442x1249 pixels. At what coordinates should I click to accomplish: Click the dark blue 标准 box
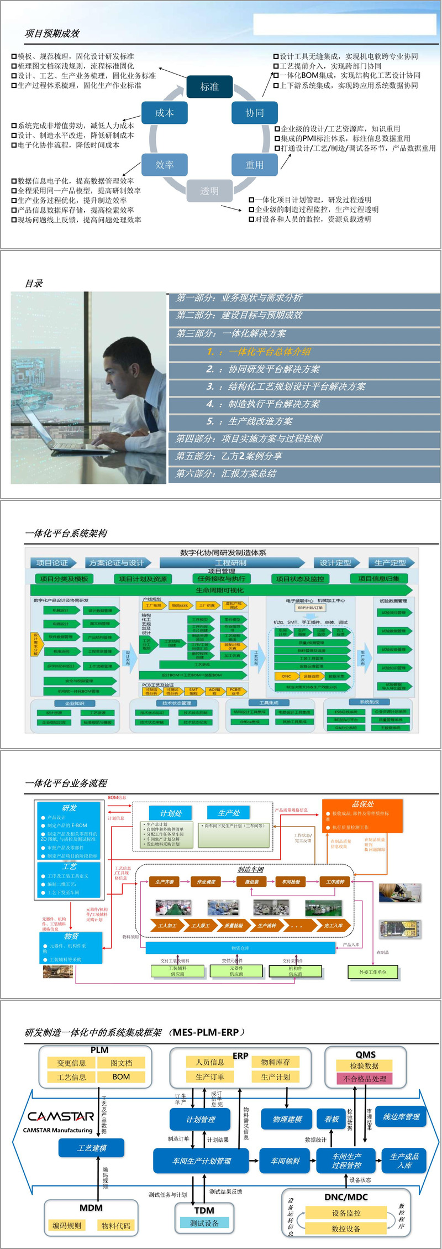[x=209, y=87]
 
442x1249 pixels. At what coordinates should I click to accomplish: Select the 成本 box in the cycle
[x=164, y=113]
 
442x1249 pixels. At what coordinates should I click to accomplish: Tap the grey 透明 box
[x=209, y=191]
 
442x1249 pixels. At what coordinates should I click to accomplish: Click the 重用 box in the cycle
[x=254, y=165]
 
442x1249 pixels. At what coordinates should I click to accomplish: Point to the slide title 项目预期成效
[x=52, y=34]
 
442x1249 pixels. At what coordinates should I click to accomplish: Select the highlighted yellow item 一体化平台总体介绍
[x=259, y=352]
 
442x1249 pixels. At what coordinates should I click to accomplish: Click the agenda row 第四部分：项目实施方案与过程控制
[x=249, y=438]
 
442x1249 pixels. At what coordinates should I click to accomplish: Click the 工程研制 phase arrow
[x=231, y=563]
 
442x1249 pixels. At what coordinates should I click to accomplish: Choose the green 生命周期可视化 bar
[x=220, y=590]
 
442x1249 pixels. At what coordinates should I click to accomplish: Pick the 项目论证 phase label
[x=52, y=563]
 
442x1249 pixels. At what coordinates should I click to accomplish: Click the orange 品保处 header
[x=363, y=804]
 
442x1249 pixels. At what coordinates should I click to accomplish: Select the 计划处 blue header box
[x=171, y=813]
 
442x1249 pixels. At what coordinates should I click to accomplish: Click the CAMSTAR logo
[x=61, y=1116]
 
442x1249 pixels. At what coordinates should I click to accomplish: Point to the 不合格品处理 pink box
[x=364, y=1078]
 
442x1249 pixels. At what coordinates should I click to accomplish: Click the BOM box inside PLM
[x=121, y=1077]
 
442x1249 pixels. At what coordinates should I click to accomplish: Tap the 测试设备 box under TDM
[x=204, y=1223]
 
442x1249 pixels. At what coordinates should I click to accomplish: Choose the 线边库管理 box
[x=401, y=1116]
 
